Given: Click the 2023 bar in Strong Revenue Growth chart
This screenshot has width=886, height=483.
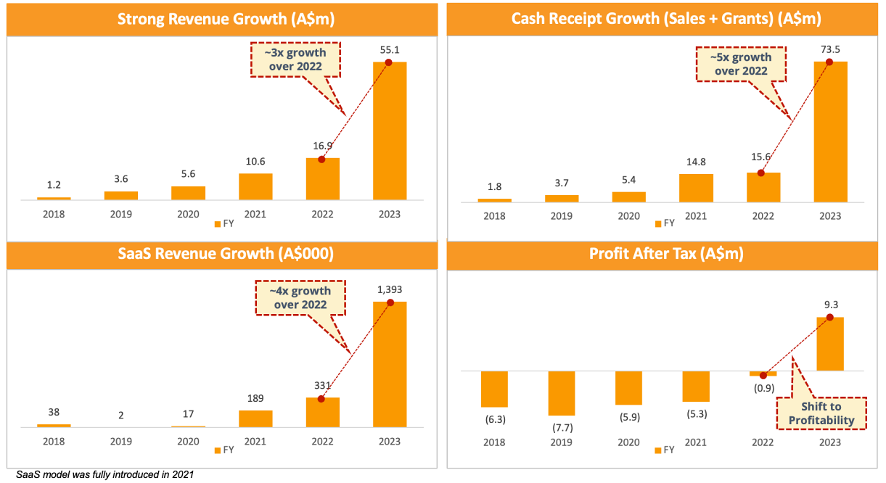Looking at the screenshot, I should pos(390,131).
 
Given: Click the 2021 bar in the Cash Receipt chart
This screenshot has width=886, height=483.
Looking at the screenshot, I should pos(696,187).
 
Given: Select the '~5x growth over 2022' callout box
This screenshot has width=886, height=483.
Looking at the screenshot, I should pos(741,64).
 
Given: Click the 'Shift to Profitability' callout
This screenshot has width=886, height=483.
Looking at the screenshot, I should pos(821,413).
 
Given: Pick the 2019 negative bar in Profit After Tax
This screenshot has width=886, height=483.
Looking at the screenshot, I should pos(561,392).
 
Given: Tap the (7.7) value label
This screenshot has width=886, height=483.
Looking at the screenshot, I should pos(561,427).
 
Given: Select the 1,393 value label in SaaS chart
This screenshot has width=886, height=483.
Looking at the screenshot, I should pos(390,289).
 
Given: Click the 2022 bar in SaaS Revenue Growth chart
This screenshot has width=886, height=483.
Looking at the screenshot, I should pos(322,412).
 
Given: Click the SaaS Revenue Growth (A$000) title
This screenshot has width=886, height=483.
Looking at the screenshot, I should pos(222,255).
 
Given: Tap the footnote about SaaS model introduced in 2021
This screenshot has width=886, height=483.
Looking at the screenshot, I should pos(105,475).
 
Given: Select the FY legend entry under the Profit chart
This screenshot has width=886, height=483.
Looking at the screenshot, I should pos(664,450).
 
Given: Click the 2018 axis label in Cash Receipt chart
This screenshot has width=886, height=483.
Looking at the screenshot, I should pos(494,215).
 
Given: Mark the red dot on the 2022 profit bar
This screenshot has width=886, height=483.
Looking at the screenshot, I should pos(763,375).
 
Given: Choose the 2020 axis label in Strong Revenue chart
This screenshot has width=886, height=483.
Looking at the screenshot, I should pos(188,214).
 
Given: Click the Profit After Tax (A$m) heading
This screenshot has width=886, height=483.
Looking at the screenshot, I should pos(665,255).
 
